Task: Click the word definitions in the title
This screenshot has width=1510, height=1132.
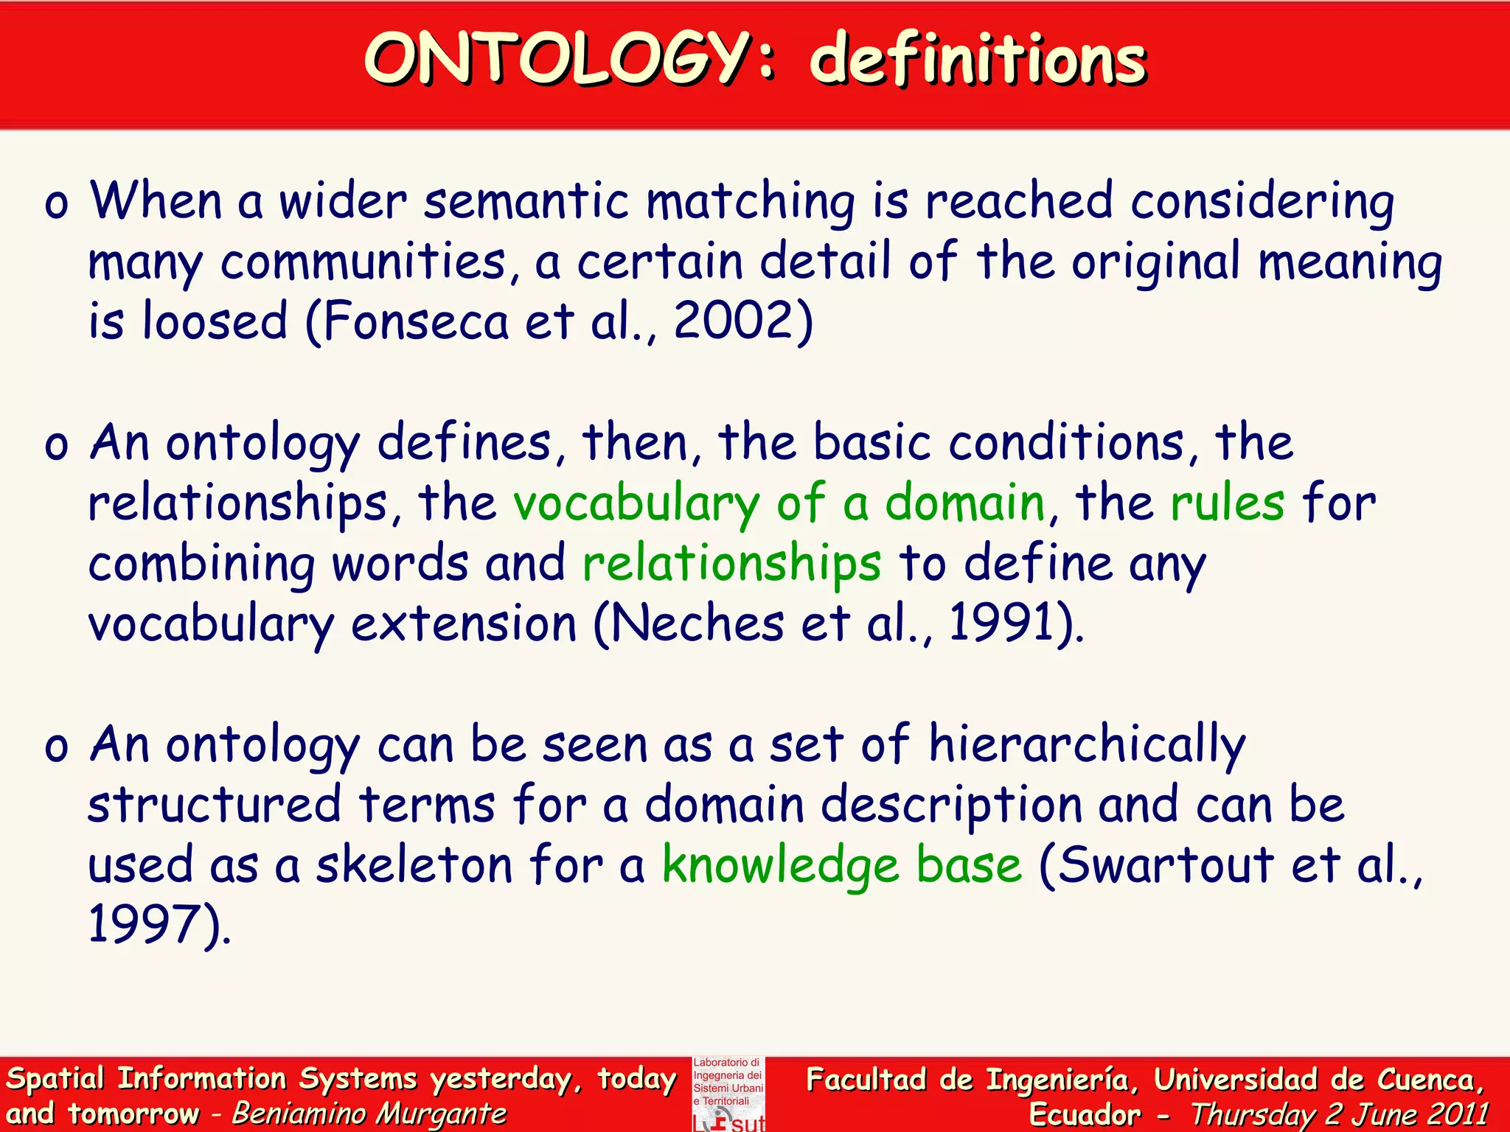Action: coord(978,60)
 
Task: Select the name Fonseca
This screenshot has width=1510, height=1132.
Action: coord(416,322)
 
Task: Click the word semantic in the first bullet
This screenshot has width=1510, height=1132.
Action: coord(526,201)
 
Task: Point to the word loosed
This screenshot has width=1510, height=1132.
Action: coord(215,322)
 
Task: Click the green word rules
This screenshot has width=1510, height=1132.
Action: coord(1228,503)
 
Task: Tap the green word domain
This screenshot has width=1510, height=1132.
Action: coord(965,503)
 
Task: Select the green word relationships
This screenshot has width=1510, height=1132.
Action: coord(731,565)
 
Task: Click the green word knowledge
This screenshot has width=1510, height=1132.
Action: coord(780,866)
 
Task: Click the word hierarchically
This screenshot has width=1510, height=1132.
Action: coord(1087,744)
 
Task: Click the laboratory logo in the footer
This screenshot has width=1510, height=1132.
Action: coord(728,1094)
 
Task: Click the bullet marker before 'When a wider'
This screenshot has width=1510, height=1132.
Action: coord(56,203)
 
